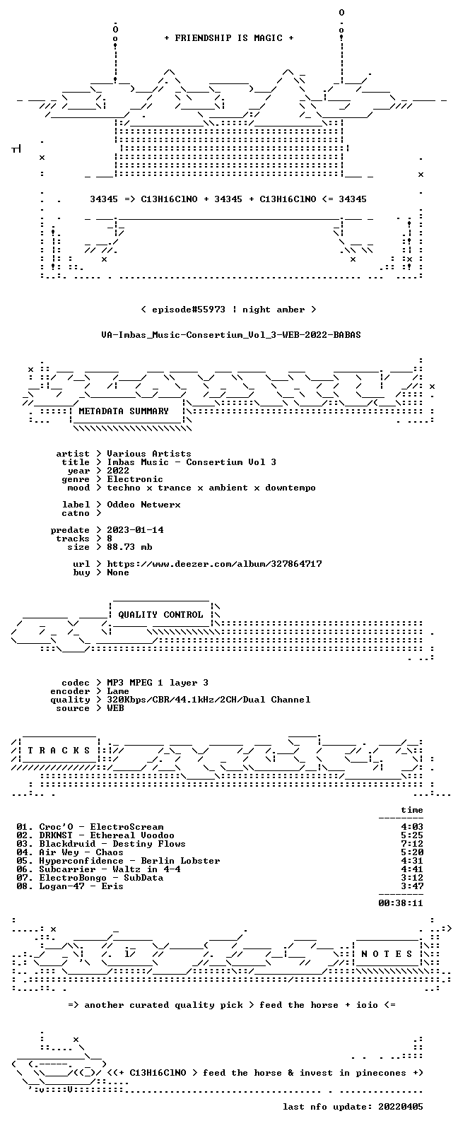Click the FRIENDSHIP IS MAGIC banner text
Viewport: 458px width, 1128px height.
[x=229, y=38]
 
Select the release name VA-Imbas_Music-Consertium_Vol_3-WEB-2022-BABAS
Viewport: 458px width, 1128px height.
[x=230, y=335]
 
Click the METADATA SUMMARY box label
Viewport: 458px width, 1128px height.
[x=124, y=411]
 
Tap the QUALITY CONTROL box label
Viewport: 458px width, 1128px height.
[x=160, y=615]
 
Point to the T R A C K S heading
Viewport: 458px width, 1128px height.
[x=59, y=751]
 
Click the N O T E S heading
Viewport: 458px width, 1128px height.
[x=387, y=953]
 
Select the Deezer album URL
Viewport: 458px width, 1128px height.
[x=214, y=564]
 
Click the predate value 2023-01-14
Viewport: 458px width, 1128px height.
[x=135, y=530]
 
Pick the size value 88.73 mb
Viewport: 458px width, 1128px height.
[x=129, y=547]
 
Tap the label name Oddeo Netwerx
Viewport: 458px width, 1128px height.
[x=143, y=505]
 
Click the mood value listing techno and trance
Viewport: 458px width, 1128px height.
[x=211, y=488]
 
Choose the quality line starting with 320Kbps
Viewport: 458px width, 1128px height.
[x=209, y=700]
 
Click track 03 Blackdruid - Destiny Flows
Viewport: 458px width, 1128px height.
[x=101, y=844]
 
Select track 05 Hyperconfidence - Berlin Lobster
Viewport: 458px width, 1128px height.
[x=118, y=861]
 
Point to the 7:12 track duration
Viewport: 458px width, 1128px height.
[x=412, y=844]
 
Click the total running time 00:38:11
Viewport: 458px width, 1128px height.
[x=401, y=903]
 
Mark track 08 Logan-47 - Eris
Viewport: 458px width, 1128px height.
[x=70, y=886]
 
